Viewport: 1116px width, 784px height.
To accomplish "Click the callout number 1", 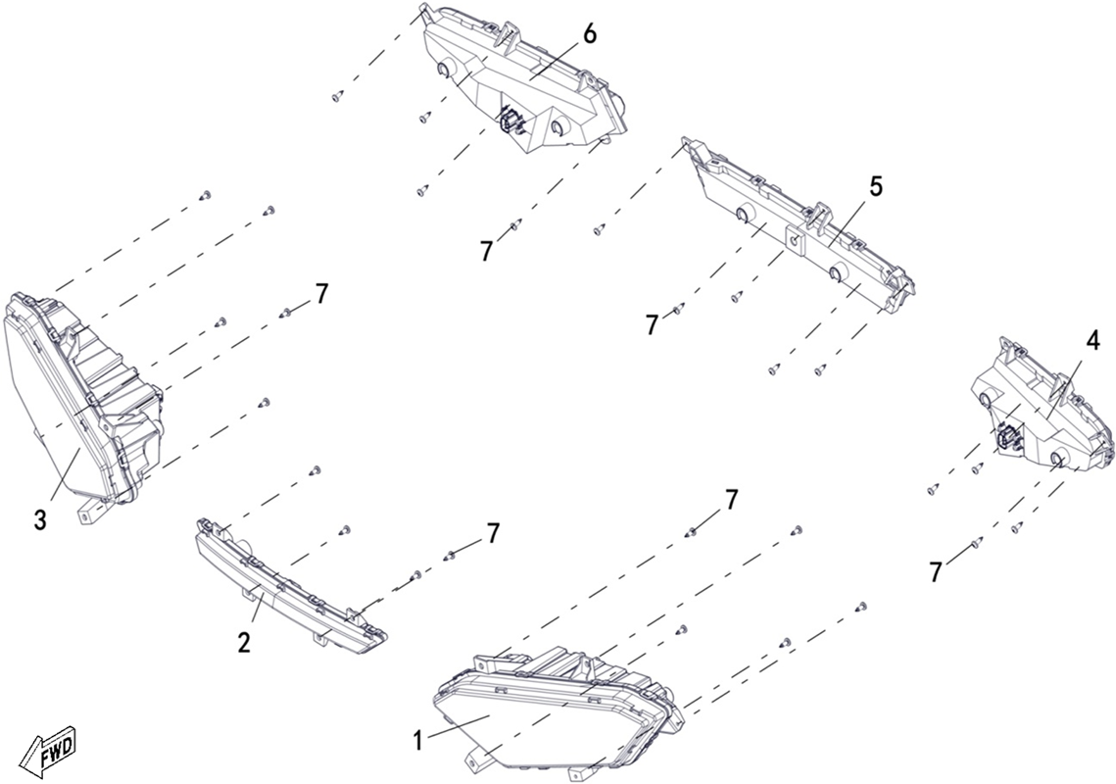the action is pyautogui.click(x=418, y=741).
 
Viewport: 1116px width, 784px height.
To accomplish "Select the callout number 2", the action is pyautogui.click(x=244, y=643).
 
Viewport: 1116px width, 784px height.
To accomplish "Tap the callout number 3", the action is pyautogui.click(x=40, y=520).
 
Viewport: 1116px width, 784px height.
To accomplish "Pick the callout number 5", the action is pyautogui.click(x=875, y=187).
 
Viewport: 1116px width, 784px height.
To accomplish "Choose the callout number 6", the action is pyautogui.click(x=590, y=34).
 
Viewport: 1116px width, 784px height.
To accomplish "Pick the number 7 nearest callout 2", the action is pyautogui.click(x=493, y=534).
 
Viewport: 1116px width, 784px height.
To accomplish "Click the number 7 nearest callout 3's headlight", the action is pyautogui.click(x=322, y=294).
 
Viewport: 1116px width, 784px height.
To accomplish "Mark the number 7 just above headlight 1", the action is pyautogui.click(x=732, y=501).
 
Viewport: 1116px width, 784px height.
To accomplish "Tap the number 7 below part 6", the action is pyautogui.click(x=486, y=251).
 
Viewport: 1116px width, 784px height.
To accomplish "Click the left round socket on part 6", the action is pyautogui.click(x=444, y=68).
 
